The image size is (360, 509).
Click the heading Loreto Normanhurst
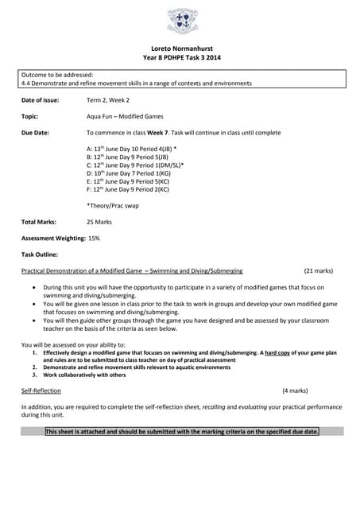(x=180, y=49)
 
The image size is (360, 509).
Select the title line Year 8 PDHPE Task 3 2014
(x=180, y=57)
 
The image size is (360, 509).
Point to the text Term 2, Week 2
(x=107, y=100)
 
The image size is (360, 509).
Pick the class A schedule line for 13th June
(x=131, y=149)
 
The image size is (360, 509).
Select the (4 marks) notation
(x=295, y=391)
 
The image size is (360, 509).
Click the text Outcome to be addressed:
(x=57, y=74)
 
